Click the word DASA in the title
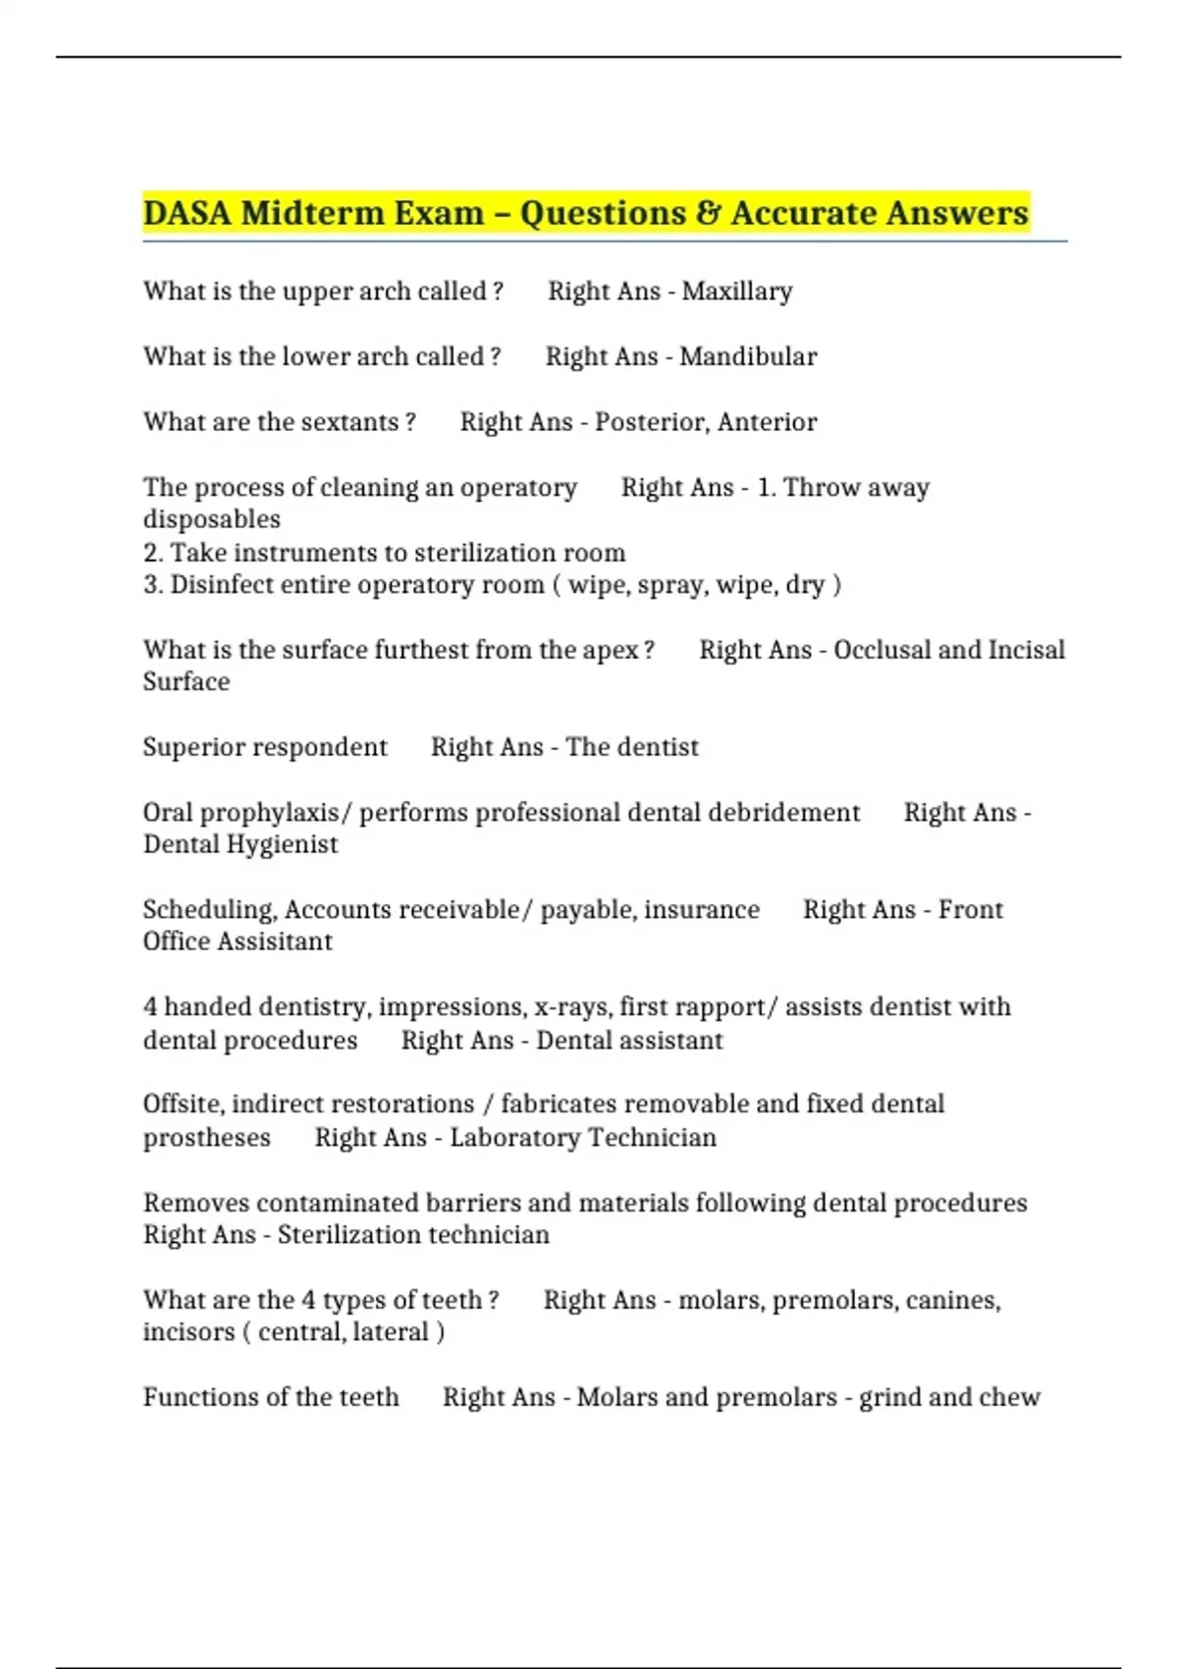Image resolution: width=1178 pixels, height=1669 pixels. (x=187, y=213)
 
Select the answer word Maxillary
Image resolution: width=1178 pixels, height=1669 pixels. (x=737, y=292)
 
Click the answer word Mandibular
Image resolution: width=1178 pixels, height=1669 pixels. (x=748, y=356)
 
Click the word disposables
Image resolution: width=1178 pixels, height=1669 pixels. (x=212, y=519)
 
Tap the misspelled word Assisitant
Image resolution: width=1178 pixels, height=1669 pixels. (x=274, y=942)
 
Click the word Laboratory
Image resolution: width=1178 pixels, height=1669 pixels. (x=513, y=1138)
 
